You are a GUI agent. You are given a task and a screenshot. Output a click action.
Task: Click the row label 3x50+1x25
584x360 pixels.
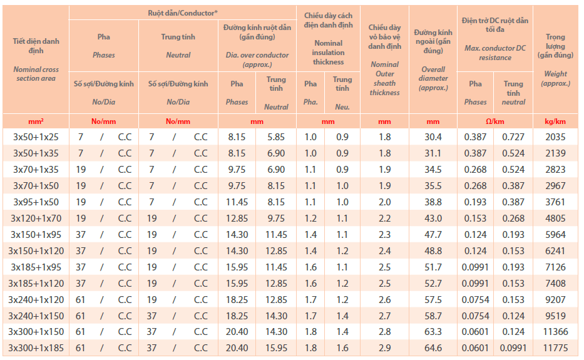point(36,136)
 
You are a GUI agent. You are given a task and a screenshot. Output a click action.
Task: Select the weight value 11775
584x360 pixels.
point(555,347)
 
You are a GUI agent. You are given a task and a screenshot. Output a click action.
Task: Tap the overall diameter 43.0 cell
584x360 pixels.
point(433,218)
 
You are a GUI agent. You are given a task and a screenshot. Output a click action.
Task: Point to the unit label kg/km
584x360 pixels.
point(555,121)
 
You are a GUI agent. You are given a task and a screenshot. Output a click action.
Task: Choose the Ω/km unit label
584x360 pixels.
point(494,121)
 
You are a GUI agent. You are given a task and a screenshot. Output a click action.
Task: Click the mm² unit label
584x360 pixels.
point(36,121)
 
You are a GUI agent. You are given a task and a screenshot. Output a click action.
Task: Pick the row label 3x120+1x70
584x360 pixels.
point(36,218)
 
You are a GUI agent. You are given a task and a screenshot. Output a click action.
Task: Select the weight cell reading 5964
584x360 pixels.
point(555,234)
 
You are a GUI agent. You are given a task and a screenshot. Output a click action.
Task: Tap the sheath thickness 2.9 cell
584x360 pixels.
point(384,347)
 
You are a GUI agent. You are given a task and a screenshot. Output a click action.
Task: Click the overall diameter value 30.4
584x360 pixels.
point(433,136)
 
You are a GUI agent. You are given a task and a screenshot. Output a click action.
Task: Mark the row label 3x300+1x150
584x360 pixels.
point(36,331)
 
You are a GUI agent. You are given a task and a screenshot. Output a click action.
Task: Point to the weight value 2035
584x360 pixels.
point(555,136)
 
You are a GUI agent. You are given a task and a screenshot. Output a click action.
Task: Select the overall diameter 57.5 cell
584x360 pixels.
point(433,299)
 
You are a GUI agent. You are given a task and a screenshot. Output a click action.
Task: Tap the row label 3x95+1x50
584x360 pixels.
point(36,202)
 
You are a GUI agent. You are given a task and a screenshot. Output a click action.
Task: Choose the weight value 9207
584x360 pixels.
point(555,299)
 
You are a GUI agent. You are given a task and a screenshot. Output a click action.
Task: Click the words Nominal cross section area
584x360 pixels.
point(36,74)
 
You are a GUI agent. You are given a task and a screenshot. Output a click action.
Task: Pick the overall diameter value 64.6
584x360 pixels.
point(433,347)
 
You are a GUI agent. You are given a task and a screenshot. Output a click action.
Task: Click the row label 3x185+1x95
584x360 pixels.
point(36,267)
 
